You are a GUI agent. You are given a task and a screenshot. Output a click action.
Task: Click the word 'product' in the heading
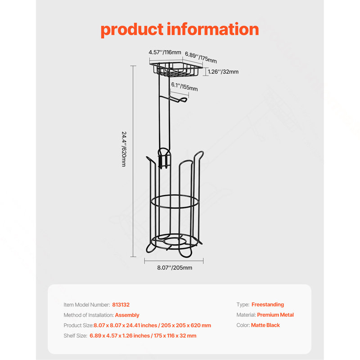pyautogui.click(x=132, y=30)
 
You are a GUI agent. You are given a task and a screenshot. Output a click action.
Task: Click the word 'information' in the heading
pyautogui.click(x=213, y=29)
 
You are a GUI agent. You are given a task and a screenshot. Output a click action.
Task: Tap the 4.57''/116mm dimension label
pyautogui.click(x=165, y=52)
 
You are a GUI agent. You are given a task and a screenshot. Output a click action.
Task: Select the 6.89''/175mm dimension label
pyautogui.click(x=201, y=58)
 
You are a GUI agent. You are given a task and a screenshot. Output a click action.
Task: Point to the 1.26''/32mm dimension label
pyautogui.click(x=223, y=72)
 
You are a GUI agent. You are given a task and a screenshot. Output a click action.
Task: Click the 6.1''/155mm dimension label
pyautogui.click(x=184, y=87)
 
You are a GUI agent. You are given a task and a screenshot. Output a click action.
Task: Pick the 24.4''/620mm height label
pyautogui.click(x=124, y=149)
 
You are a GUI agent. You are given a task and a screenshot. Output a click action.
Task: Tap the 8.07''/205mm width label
pyautogui.click(x=175, y=268)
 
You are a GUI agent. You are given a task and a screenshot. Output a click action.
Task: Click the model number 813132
pyautogui.click(x=121, y=305)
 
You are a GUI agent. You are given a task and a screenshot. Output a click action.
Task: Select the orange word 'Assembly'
pyautogui.click(x=127, y=315)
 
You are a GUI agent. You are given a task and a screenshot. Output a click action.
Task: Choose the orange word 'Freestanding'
pyautogui.click(x=268, y=305)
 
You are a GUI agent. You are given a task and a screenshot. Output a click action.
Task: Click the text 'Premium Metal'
pyautogui.click(x=275, y=315)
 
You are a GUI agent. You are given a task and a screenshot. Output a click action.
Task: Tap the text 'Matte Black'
pyautogui.click(x=265, y=325)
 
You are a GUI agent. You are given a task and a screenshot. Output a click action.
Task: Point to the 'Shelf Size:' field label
pyautogui.click(x=75, y=336)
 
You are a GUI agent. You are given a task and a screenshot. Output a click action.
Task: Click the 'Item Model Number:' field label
pyautogui.click(x=87, y=305)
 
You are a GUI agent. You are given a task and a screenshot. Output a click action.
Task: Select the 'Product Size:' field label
pyautogui.click(x=78, y=325)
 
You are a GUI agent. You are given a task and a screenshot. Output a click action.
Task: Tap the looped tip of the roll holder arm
pyautogui.click(x=183, y=100)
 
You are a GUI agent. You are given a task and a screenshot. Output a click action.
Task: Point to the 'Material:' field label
pyautogui.click(x=246, y=315)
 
